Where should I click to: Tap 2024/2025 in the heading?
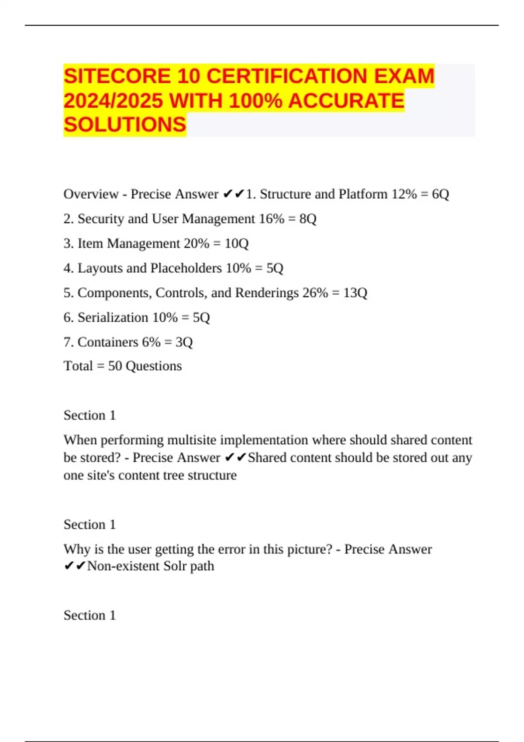point(113,101)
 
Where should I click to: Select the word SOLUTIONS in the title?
point(125,125)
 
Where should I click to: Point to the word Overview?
point(91,194)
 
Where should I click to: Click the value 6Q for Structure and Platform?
point(440,194)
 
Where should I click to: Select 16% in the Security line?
point(272,219)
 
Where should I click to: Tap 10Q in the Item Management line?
point(236,243)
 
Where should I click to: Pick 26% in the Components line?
point(315,292)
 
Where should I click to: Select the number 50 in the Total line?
point(115,366)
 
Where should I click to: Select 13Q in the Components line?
point(355,292)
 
